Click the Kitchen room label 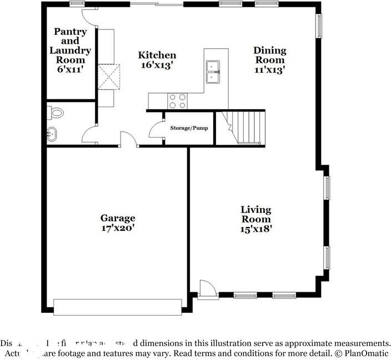(x=157, y=55)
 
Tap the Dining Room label (x=269, y=54)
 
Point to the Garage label (x=117, y=218)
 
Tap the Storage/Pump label (x=189, y=128)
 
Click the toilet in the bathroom (x=56, y=113)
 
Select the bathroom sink (x=52, y=134)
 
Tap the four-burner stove (x=177, y=100)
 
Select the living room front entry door (x=207, y=287)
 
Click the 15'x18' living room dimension (x=256, y=227)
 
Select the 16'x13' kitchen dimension (x=157, y=64)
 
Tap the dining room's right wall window (x=319, y=25)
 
